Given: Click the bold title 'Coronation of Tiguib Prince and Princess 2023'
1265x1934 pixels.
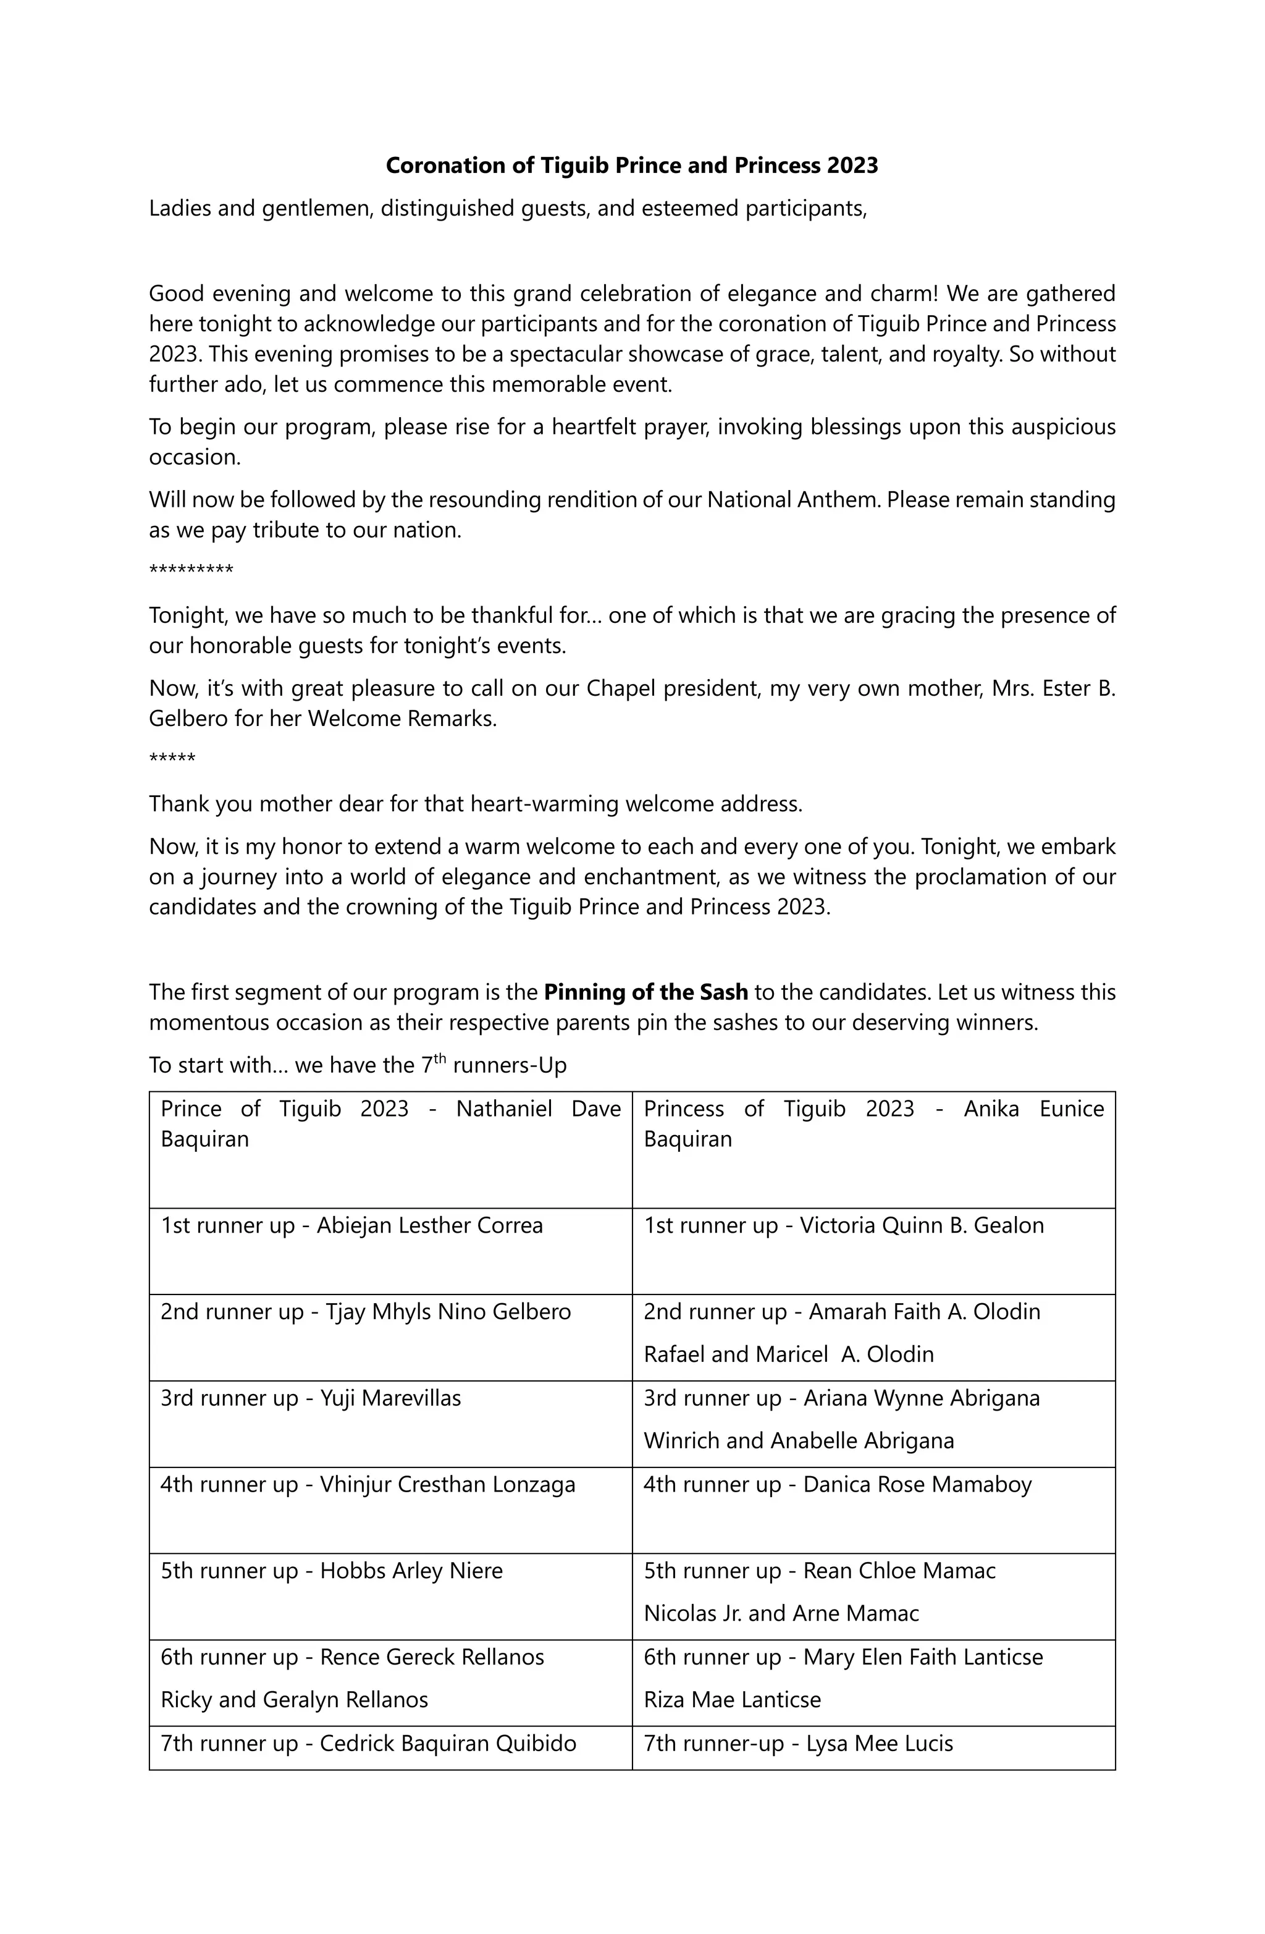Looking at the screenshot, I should [x=631, y=166].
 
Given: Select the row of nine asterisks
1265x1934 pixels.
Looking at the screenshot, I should [x=191, y=570].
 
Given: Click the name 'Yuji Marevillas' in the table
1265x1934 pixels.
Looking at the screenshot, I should [x=391, y=1398].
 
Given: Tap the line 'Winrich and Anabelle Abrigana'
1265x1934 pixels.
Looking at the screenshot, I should [x=799, y=1441].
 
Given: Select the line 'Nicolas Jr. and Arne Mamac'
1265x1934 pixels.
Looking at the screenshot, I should [x=781, y=1613].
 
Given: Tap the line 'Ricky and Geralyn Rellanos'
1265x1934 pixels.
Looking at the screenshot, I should [x=294, y=1699].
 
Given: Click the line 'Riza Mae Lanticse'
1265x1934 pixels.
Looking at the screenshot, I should [x=732, y=1699].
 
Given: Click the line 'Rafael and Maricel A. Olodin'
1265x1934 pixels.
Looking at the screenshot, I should [x=788, y=1354].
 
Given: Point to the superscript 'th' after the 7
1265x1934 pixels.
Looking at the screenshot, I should [x=440, y=1059].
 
